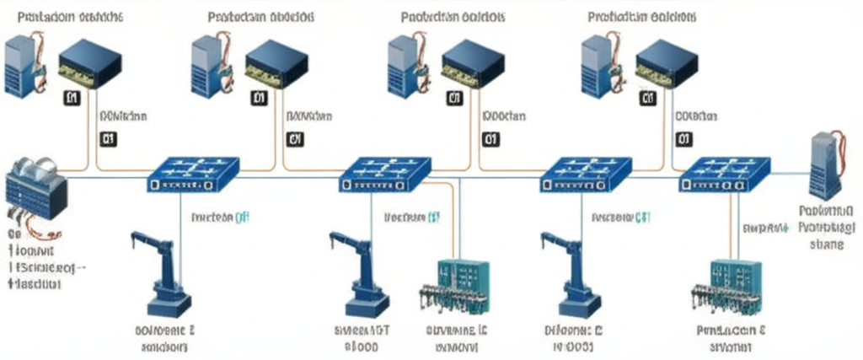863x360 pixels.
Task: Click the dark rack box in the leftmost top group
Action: click(89, 62)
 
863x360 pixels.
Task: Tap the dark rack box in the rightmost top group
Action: click(667, 62)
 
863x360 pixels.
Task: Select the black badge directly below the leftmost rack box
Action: click(72, 99)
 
